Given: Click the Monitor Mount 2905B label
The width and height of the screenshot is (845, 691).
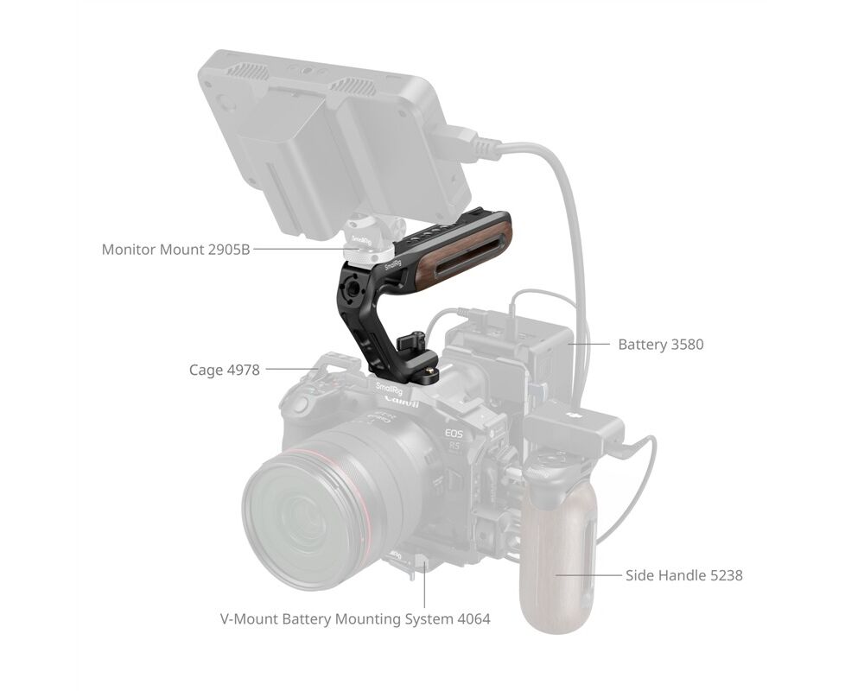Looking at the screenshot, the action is (175, 250).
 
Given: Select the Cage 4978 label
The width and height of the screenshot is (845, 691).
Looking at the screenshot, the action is (224, 370).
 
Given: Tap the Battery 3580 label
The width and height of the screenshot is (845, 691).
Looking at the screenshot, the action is (661, 344).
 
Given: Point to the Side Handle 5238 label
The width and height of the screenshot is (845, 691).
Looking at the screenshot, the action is (684, 575).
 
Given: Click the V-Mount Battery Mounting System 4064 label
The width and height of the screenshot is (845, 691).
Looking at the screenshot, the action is (355, 618).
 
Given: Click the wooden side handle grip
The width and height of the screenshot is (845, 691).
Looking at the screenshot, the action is (558, 563).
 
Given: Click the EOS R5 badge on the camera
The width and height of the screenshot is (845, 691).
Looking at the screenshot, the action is (454, 439).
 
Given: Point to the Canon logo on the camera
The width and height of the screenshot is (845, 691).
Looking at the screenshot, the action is (402, 402).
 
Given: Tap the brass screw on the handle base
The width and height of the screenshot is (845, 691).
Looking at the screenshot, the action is (430, 371).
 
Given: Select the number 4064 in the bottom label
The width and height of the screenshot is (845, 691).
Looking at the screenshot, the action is (473, 618).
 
